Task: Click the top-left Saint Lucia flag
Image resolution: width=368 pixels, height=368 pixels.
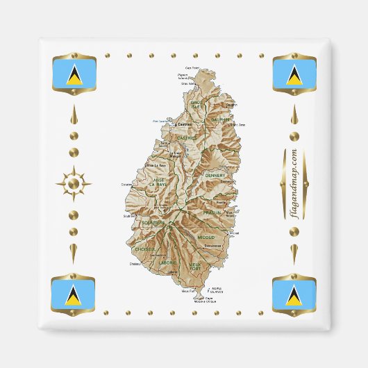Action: pos(74,76)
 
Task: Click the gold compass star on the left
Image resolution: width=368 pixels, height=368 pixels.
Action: pos(74,185)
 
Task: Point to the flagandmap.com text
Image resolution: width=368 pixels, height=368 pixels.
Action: pos(293,185)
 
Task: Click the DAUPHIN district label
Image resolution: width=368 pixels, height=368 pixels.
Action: pos(220,119)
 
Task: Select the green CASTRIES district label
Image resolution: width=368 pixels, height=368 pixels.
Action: pos(186,138)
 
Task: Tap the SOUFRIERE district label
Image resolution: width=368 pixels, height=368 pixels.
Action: pos(152,223)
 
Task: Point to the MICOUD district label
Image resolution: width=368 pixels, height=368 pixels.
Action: pos(206,237)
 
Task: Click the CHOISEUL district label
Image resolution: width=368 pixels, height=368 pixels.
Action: pos(145,248)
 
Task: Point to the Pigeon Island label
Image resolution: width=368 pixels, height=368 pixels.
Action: pos(183,76)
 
